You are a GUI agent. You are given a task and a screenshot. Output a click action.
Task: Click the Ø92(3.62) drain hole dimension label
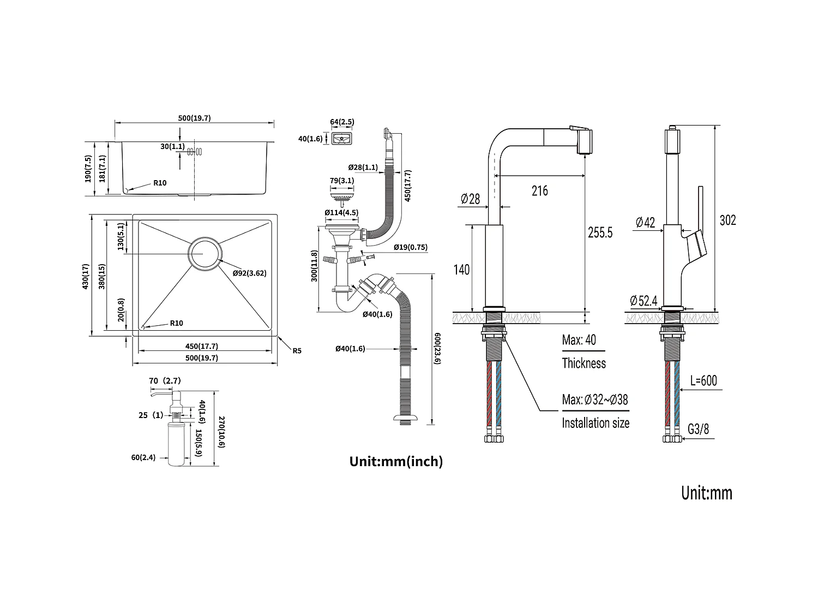click(x=249, y=273)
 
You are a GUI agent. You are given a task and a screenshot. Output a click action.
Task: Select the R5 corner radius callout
click(x=297, y=351)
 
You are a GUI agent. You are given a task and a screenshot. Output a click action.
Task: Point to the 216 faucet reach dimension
click(x=539, y=190)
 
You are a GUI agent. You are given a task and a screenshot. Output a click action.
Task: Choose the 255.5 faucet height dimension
click(x=600, y=233)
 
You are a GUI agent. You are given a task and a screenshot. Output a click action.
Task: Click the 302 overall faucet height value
click(x=727, y=220)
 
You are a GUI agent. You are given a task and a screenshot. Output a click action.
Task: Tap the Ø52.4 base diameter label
click(x=643, y=301)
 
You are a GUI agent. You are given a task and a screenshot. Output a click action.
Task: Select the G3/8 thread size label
click(x=698, y=429)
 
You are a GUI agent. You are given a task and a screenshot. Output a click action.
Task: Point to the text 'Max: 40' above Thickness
click(x=579, y=341)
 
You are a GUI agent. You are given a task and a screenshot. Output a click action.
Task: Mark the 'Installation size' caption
click(x=596, y=423)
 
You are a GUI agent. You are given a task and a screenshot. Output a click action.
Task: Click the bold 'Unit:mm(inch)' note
click(x=396, y=462)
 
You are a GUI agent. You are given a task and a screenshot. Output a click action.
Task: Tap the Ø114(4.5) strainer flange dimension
click(x=341, y=212)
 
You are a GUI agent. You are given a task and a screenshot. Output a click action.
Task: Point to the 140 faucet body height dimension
click(x=461, y=269)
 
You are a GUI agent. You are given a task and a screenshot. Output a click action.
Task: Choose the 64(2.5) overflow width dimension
click(x=342, y=121)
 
